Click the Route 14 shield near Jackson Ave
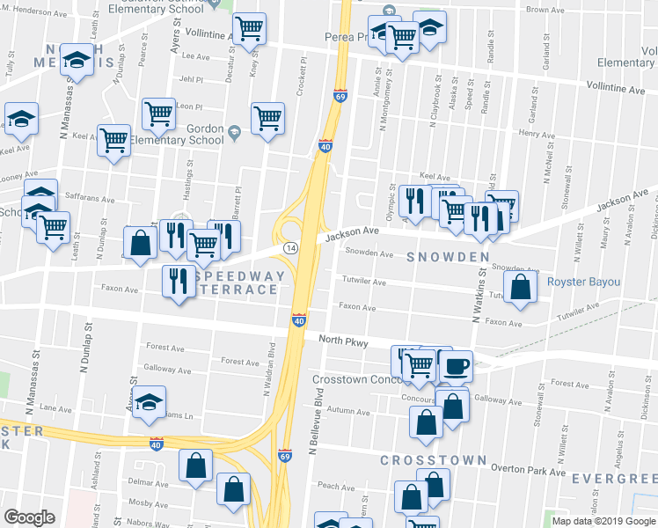(x=289, y=249)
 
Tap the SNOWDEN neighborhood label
(x=448, y=257)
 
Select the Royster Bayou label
(x=583, y=282)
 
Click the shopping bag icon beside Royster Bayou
(x=521, y=287)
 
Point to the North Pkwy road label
(x=342, y=340)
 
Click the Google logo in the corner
(x=29, y=517)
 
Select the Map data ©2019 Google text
(x=603, y=521)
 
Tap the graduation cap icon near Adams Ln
(x=150, y=401)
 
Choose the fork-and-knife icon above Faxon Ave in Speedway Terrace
(x=179, y=281)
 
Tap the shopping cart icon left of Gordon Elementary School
(x=158, y=113)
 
